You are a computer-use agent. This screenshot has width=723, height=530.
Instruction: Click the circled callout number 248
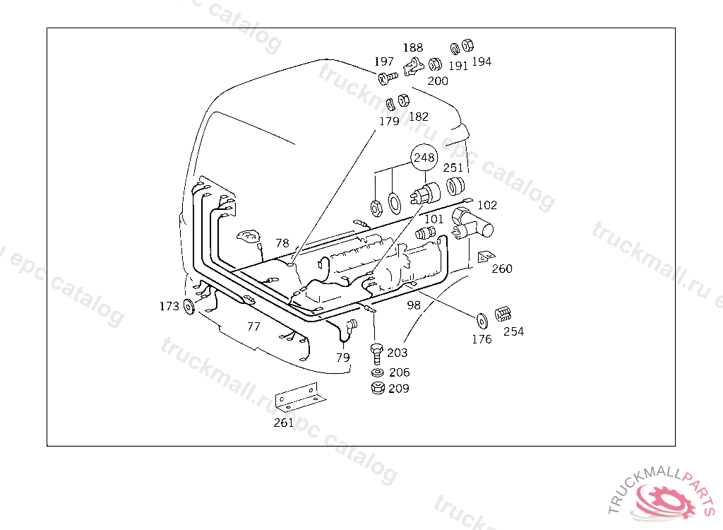pyautogui.click(x=424, y=158)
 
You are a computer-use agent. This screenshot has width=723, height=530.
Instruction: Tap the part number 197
pyautogui.click(x=384, y=62)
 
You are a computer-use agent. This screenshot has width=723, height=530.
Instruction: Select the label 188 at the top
pyautogui.click(x=413, y=48)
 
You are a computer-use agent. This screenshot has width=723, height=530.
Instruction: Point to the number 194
pyautogui.click(x=482, y=61)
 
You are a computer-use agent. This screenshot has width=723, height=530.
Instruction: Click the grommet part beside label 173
pyautogui.click(x=189, y=307)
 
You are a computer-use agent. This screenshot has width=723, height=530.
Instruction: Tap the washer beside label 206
pyautogui.click(x=378, y=372)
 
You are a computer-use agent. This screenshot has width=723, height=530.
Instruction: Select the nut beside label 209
pyautogui.click(x=378, y=388)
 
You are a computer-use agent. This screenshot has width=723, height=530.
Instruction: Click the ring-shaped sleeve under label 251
pyautogui.click(x=455, y=187)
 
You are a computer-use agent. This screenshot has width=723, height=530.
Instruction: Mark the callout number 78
pyautogui.click(x=282, y=242)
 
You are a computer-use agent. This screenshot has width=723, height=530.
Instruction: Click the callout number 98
pyautogui.click(x=414, y=305)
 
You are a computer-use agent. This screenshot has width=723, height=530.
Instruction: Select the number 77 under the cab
pyautogui.click(x=253, y=326)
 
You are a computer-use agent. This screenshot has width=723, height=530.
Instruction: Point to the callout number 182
pyautogui.click(x=419, y=117)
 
